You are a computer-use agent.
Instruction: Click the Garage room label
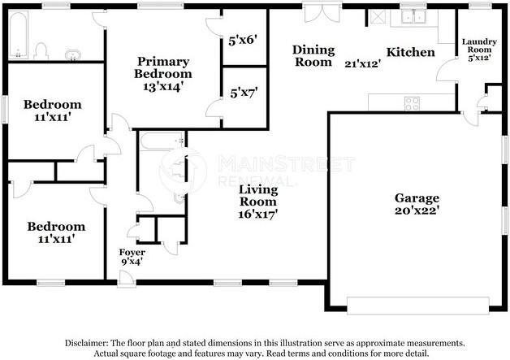417,198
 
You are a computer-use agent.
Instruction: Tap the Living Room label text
258,195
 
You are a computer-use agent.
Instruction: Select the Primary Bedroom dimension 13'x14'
163,87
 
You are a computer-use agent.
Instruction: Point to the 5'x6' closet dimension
243,41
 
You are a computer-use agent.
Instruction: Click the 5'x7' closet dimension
244,93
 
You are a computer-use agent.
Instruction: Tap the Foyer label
132,252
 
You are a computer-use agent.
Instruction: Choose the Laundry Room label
479,46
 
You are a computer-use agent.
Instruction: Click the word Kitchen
410,52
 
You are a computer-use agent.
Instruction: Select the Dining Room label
313,55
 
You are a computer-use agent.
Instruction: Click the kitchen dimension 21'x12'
363,63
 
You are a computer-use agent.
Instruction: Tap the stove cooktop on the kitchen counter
412,103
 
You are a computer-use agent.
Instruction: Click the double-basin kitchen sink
413,16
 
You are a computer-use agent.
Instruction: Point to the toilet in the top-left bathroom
41,51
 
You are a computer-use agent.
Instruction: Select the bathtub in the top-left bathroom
18,35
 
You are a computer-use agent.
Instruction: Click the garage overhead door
418,306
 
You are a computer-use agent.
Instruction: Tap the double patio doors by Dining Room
322,13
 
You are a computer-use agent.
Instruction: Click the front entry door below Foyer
127,280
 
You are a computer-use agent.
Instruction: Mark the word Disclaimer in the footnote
86,343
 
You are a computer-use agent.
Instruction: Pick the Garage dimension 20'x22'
417,210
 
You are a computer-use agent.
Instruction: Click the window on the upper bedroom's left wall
5,110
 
